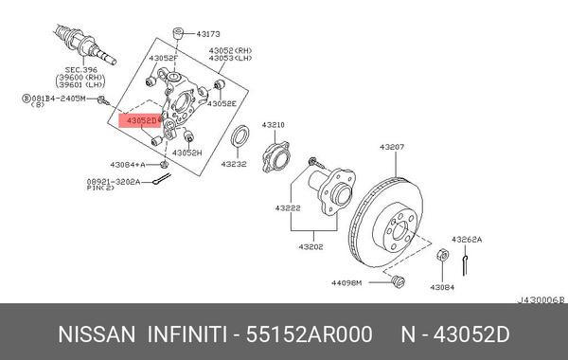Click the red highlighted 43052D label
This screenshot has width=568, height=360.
(x=140, y=120)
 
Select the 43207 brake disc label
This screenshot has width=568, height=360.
(x=392, y=147)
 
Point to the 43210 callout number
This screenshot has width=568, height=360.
(x=273, y=124)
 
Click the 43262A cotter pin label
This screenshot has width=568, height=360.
(x=466, y=240)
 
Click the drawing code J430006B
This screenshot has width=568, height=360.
(x=540, y=298)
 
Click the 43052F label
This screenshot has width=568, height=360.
(x=162, y=59)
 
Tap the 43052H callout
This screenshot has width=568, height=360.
(x=187, y=153)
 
